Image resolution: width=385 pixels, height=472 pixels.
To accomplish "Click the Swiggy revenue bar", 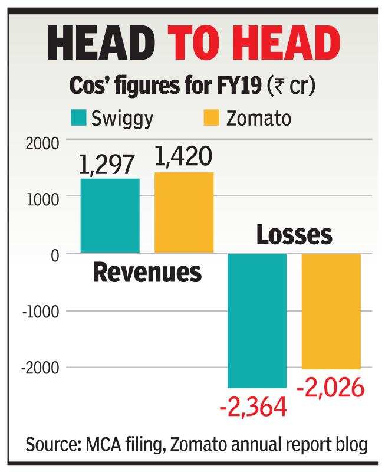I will [110, 215].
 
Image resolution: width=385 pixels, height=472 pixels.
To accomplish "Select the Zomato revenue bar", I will [184, 212].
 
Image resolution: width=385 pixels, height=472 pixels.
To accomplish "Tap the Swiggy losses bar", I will [257, 320].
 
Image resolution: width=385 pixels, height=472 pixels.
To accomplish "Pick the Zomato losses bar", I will [331, 311].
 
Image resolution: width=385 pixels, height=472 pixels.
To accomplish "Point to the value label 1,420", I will [184, 158].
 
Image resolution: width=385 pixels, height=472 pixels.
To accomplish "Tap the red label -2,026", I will [331, 388].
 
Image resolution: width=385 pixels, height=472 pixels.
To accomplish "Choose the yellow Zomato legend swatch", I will [210, 118].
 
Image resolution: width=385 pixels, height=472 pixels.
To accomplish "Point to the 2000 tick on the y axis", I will [42, 143].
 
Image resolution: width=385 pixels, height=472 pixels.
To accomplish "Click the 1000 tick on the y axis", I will [42, 199].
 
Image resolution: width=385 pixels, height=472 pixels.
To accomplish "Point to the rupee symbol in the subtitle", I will [277, 86].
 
